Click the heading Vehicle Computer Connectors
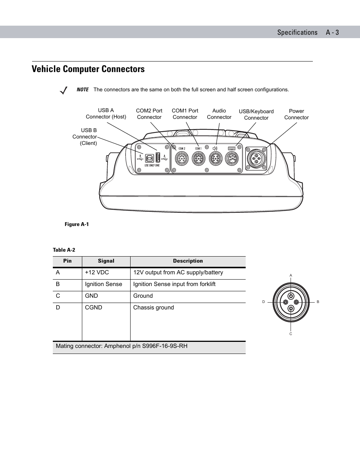pyautogui.click(x=88, y=69)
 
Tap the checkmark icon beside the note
pyautogui.click(x=64, y=91)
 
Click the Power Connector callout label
pyautogui.click(x=296, y=114)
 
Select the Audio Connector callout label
pyautogui.click(x=219, y=114)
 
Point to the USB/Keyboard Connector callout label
pyautogui.click(x=256, y=115)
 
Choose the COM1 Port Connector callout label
pyautogui.click(x=185, y=114)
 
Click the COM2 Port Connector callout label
pyautogui.click(x=149, y=114)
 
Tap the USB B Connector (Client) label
pyautogui.click(x=85, y=137)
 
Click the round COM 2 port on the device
pyautogui.click(x=182, y=158)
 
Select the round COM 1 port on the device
pyautogui.click(x=198, y=158)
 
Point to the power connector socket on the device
pyautogui.click(x=256, y=158)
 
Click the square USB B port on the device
pyautogui.click(x=149, y=158)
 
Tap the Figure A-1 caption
pyautogui.click(x=77, y=225)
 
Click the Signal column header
pyautogui.click(x=106, y=261)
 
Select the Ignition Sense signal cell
pyautogui.click(x=103, y=284)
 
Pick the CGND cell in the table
pyautogui.click(x=94, y=308)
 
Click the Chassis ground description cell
pyautogui.click(x=154, y=308)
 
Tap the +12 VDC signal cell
pyautogui.click(x=97, y=272)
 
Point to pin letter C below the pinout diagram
pyautogui.click(x=291, y=334)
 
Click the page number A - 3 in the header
pyautogui.click(x=332, y=32)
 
